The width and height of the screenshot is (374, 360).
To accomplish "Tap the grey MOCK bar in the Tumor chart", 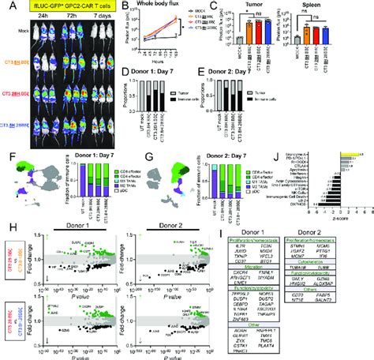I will (x=229, y=36).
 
